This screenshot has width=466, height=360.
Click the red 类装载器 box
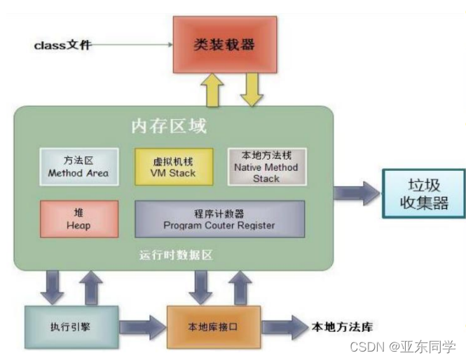pos(224,45)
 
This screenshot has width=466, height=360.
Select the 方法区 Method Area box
pos(78,166)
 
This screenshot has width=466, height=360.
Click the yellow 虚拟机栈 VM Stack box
pos(173,166)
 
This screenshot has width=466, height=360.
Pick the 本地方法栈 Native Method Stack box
pos(266,166)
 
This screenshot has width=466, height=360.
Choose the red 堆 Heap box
pos(78,219)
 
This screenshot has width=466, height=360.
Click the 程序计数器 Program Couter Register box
pos(219,219)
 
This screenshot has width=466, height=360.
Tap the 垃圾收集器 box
pos(423,194)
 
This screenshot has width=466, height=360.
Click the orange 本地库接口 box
pos(213,327)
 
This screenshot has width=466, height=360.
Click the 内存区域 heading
pos(169,127)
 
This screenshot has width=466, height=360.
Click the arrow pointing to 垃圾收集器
pos(357,193)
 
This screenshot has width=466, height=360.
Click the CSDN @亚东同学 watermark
pos(413,347)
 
